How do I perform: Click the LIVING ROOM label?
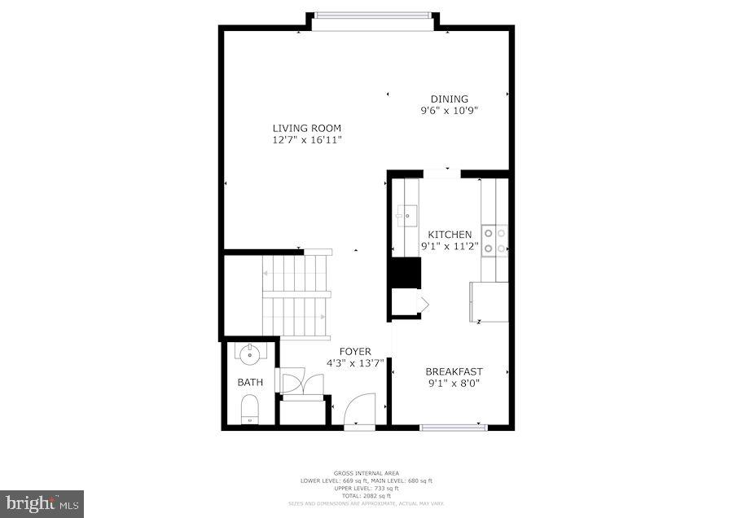306,128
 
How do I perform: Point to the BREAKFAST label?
454,371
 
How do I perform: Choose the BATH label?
250,382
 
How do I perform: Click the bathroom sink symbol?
248,354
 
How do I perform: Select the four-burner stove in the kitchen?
494,240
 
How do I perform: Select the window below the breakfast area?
454,426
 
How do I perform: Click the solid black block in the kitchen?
405,273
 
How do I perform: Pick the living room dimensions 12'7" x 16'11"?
306,140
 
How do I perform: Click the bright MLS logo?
42,504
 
